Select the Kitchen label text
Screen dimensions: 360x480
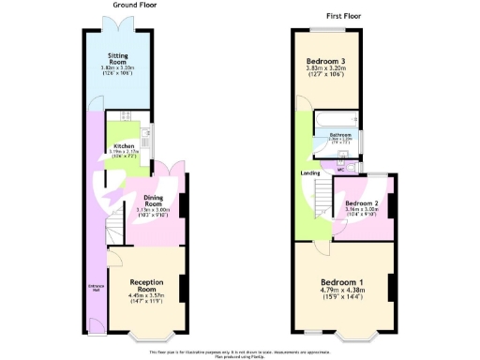point(124,146)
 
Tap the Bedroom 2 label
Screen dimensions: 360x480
point(361,203)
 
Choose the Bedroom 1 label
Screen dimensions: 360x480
point(343,282)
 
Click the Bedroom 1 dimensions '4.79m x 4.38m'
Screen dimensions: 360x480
point(343,292)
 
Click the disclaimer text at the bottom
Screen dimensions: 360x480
point(239,352)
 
